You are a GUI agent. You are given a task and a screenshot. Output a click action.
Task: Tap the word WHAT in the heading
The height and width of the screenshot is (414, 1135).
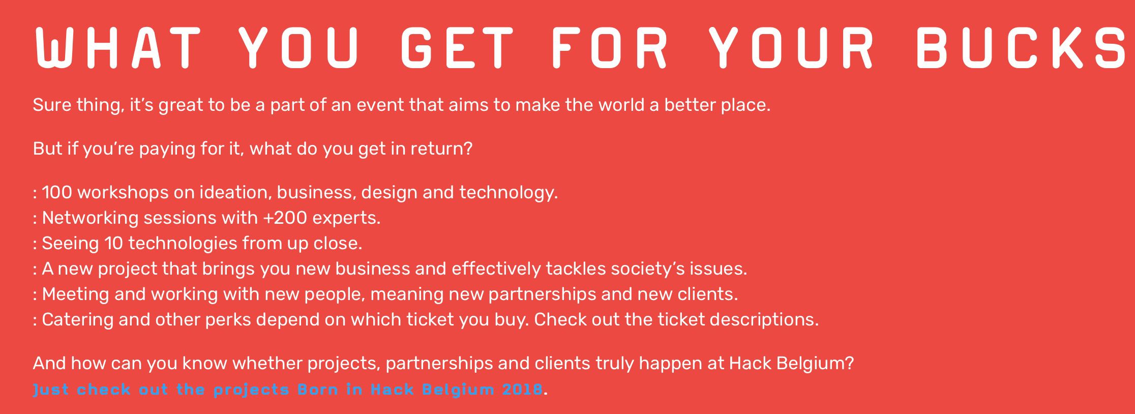click(x=117, y=47)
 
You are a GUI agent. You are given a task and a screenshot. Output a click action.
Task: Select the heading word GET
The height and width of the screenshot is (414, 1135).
click(x=457, y=47)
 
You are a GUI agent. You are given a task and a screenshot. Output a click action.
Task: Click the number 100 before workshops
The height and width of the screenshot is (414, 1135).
click(x=57, y=192)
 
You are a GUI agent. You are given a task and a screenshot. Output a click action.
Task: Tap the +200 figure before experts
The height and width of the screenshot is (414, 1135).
click(x=285, y=218)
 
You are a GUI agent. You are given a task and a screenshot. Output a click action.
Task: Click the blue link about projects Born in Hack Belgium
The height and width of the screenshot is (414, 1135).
click(x=288, y=390)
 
